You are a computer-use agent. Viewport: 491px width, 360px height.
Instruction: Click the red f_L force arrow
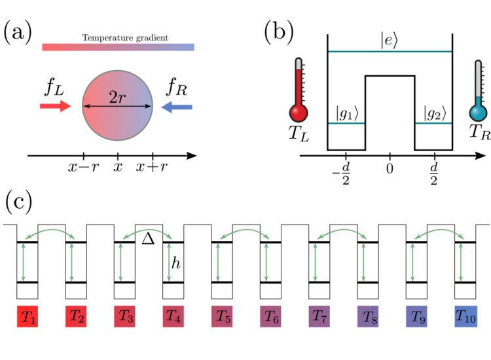(54, 107)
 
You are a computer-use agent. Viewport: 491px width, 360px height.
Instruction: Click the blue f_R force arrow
(176, 107)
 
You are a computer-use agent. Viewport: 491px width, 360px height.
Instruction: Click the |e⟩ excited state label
(390, 40)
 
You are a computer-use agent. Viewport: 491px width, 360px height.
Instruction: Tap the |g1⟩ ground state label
(346, 112)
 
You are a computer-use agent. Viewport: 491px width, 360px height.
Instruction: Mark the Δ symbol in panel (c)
(148, 240)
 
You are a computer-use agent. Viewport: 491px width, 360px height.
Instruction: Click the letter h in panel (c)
(175, 262)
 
